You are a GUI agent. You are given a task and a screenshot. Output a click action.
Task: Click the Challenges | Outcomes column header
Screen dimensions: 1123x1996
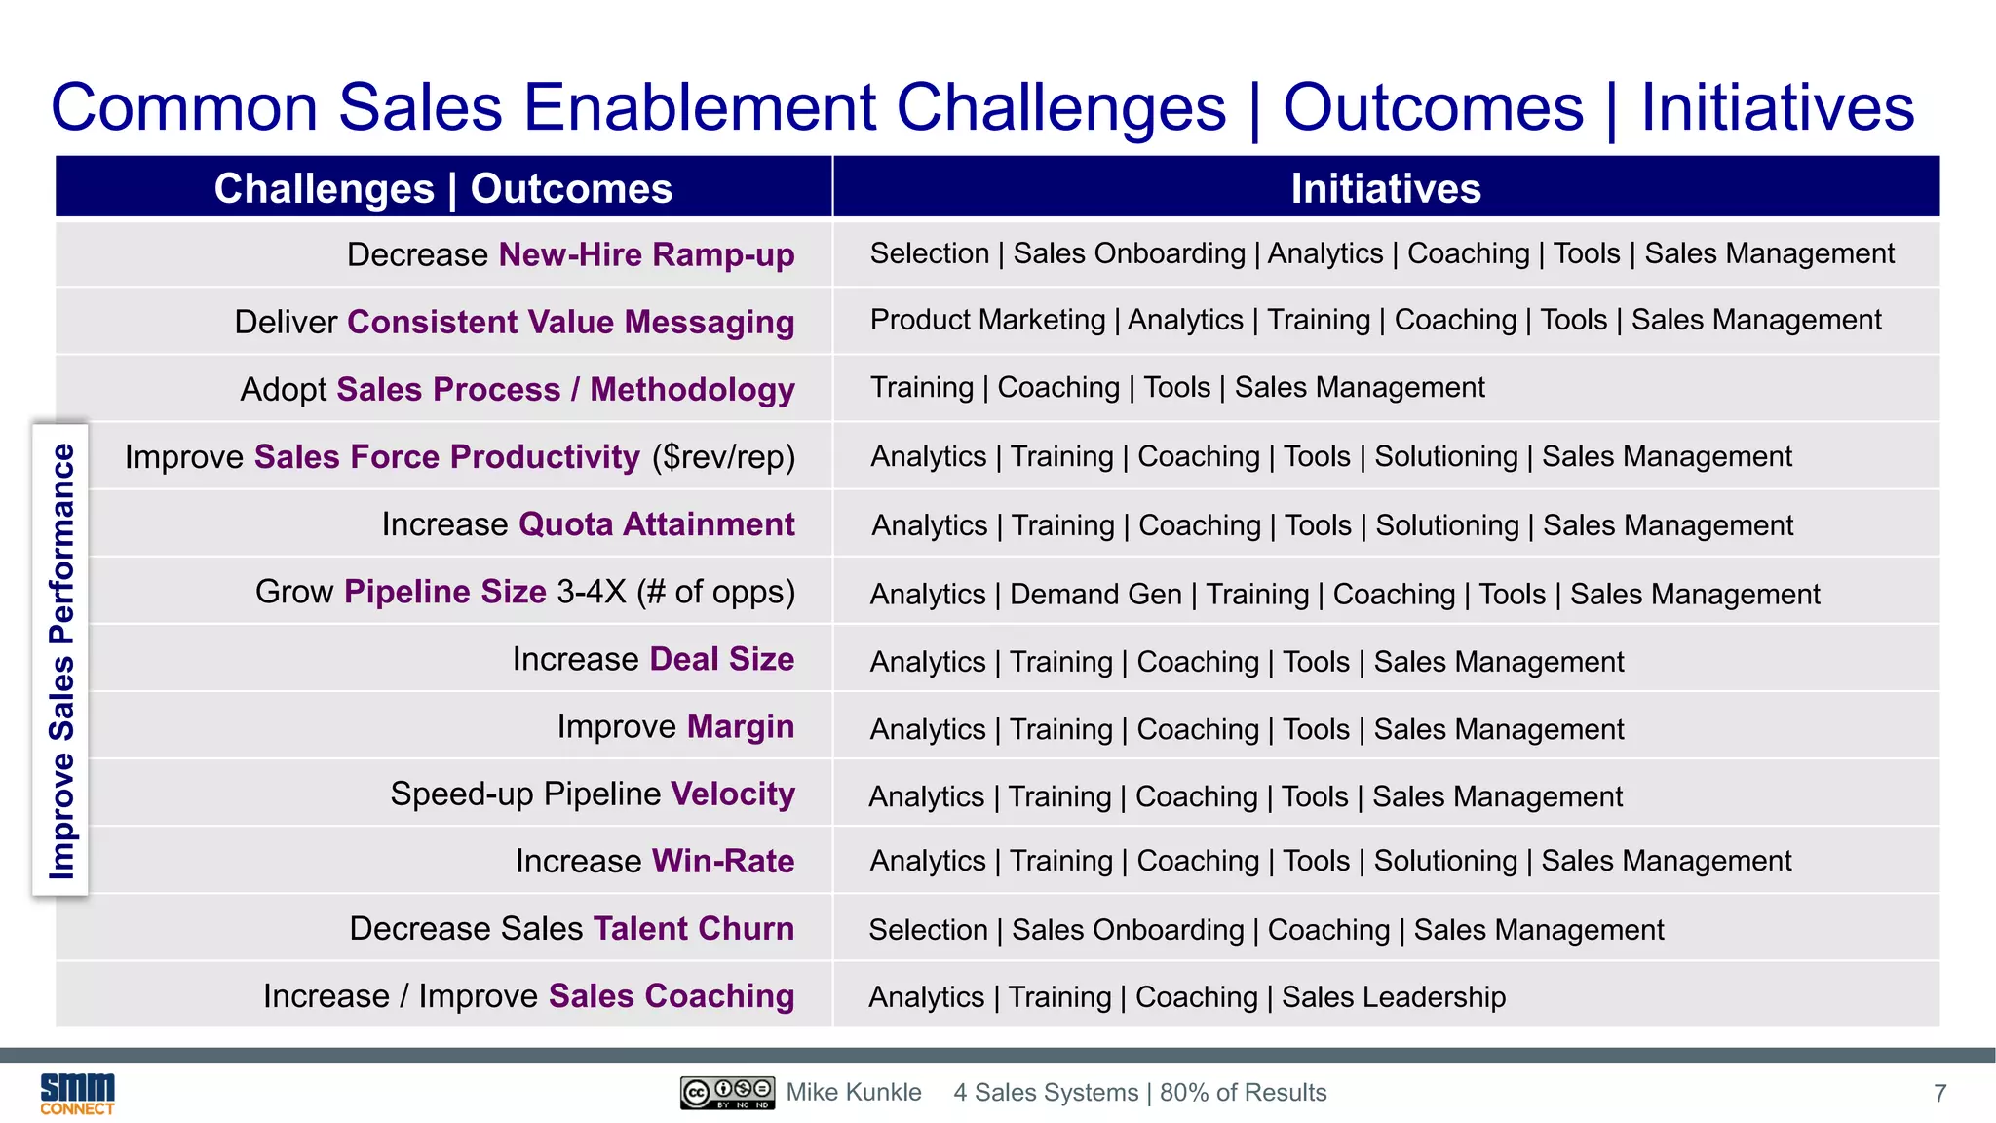pyautogui.click(x=443, y=188)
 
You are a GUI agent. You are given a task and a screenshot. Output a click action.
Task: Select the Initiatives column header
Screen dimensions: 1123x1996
pyautogui.click(x=1385, y=188)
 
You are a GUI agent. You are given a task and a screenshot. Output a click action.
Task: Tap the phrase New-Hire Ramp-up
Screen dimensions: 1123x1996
pyautogui.click(x=646, y=254)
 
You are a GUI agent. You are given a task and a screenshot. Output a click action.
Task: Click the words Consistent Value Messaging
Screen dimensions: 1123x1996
pyautogui.click(x=570, y=322)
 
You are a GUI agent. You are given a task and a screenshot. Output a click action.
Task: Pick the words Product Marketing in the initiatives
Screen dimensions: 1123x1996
pyautogui.click(x=987, y=320)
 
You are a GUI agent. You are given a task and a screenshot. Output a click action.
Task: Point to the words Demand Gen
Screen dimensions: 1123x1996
pyautogui.click(x=1095, y=594)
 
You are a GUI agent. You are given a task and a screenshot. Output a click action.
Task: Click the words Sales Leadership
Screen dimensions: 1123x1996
pyautogui.click(x=1393, y=996)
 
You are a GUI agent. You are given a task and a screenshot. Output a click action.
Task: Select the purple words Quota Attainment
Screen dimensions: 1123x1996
pyautogui.click(x=656, y=524)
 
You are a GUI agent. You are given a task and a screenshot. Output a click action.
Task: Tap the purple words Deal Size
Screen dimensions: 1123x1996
pyautogui.click(x=721, y=659)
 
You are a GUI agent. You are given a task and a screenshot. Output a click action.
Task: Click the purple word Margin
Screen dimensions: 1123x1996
pyautogui.click(x=740, y=726)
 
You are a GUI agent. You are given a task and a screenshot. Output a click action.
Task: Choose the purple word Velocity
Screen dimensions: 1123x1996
pyautogui.click(x=732, y=794)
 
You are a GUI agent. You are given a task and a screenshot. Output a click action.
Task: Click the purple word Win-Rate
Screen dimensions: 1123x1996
pyautogui.click(x=722, y=861)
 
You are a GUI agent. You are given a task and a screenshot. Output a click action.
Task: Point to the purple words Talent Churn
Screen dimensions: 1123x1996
pyautogui.click(x=693, y=928)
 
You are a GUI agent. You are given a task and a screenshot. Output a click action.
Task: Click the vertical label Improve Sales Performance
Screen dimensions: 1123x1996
pyautogui.click(x=61, y=660)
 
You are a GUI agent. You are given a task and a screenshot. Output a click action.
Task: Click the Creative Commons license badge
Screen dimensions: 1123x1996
pyautogui.click(x=727, y=1093)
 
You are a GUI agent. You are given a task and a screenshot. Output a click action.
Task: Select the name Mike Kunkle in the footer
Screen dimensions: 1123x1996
pyautogui.click(x=854, y=1093)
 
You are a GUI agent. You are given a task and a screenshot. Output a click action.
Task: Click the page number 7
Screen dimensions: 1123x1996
pyautogui.click(x=1939, y=1094)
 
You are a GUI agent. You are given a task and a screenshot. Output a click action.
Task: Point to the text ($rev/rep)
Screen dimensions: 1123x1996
pyautogui.click(x=723, y=457)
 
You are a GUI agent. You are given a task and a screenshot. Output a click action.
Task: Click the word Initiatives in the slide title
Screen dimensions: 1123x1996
pyautogui.click(x=1777, y=107)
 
